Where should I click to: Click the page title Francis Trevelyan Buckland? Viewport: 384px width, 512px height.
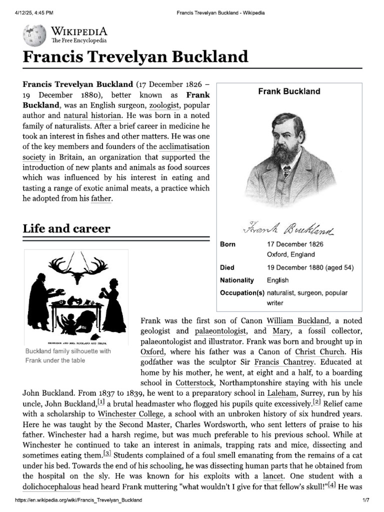point(135,56)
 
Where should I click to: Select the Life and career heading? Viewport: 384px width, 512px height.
point(66,229)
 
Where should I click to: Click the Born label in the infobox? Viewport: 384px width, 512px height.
point(227,244)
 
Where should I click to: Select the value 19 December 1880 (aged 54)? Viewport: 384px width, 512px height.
point(310,267)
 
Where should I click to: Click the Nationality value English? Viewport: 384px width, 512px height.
point(277,280)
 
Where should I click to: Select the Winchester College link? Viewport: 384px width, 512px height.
point(130,414)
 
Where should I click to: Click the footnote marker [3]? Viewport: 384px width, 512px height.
point(107,453)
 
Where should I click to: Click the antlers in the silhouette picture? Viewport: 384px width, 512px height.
point(76,269)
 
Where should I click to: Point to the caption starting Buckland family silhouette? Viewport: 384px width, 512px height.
point(67,356)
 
